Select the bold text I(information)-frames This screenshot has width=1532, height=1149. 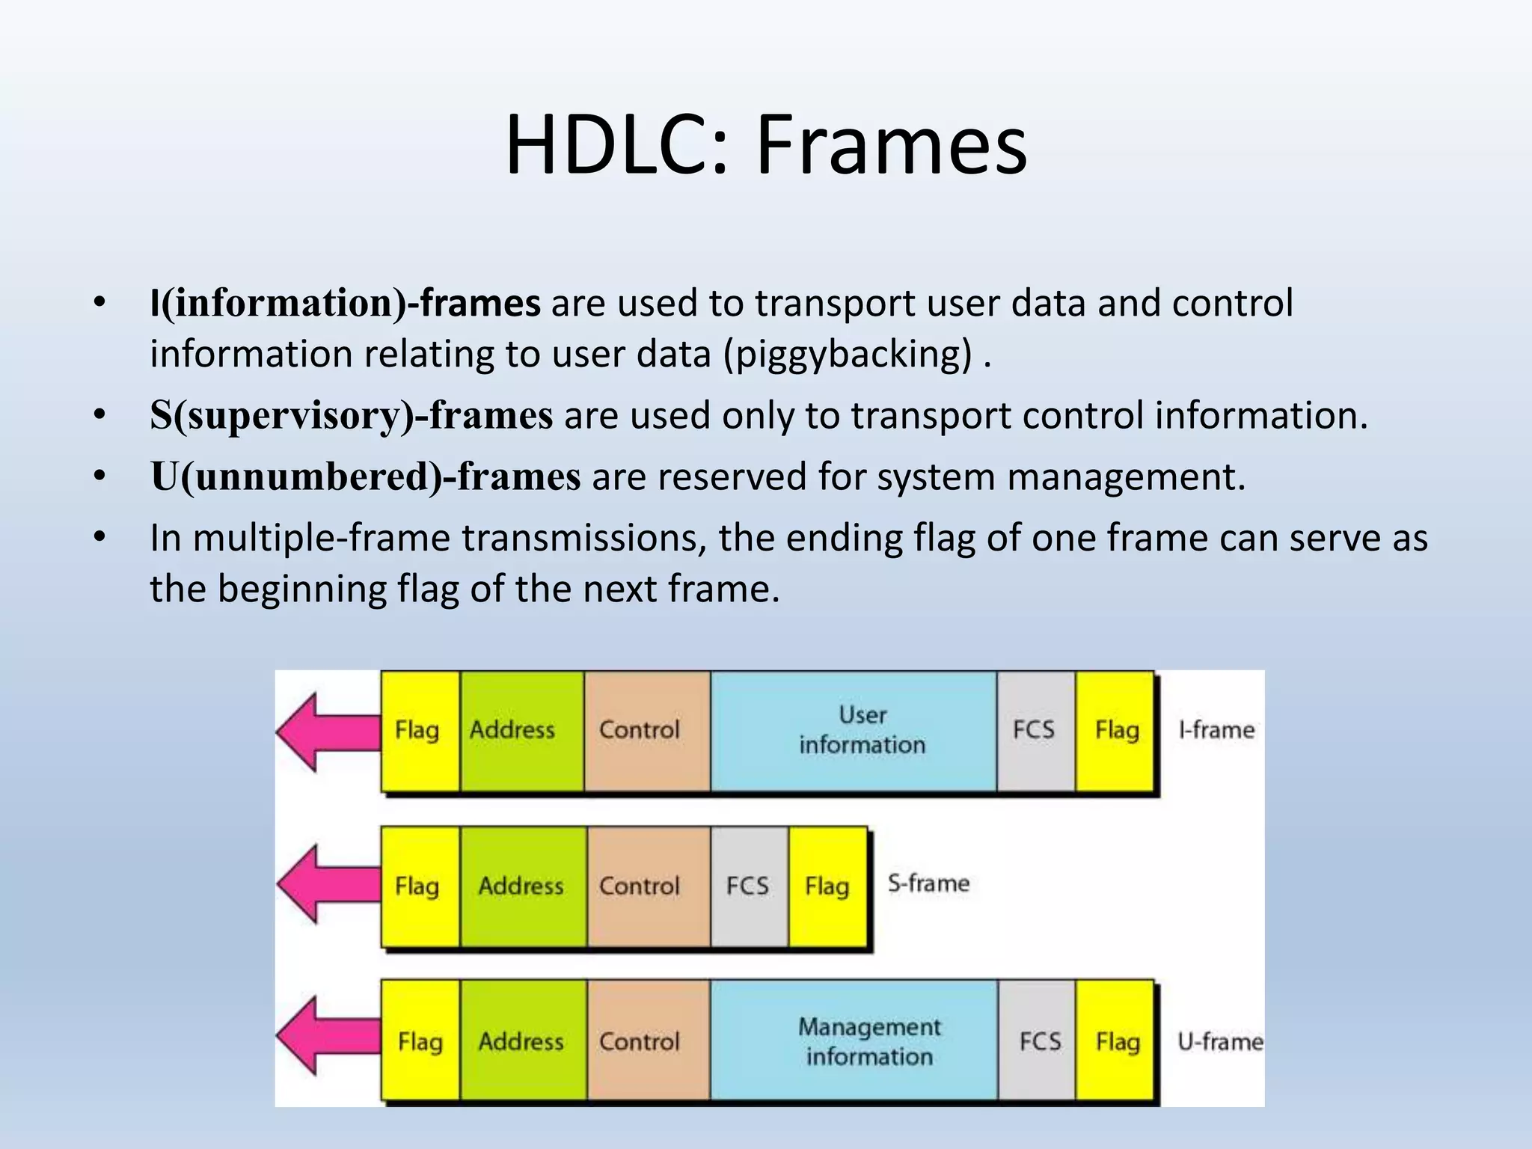point(345,304)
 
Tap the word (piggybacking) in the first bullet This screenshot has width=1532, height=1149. point(848,354)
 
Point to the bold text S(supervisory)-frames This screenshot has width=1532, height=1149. point(351,416)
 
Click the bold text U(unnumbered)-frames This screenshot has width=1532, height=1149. point(365,477)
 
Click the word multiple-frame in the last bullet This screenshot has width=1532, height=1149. point(321,538)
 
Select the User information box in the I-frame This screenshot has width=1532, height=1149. point(854,730)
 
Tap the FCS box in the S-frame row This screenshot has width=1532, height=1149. point(748,886)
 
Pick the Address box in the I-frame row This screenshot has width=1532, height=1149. point(521,730)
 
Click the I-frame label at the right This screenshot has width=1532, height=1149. point(1216,729)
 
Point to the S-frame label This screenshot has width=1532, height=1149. point(928,883)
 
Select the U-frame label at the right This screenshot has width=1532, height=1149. point(1219,1041)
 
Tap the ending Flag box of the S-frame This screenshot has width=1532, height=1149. point(827,886)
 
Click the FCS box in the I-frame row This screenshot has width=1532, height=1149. point(1035,730)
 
